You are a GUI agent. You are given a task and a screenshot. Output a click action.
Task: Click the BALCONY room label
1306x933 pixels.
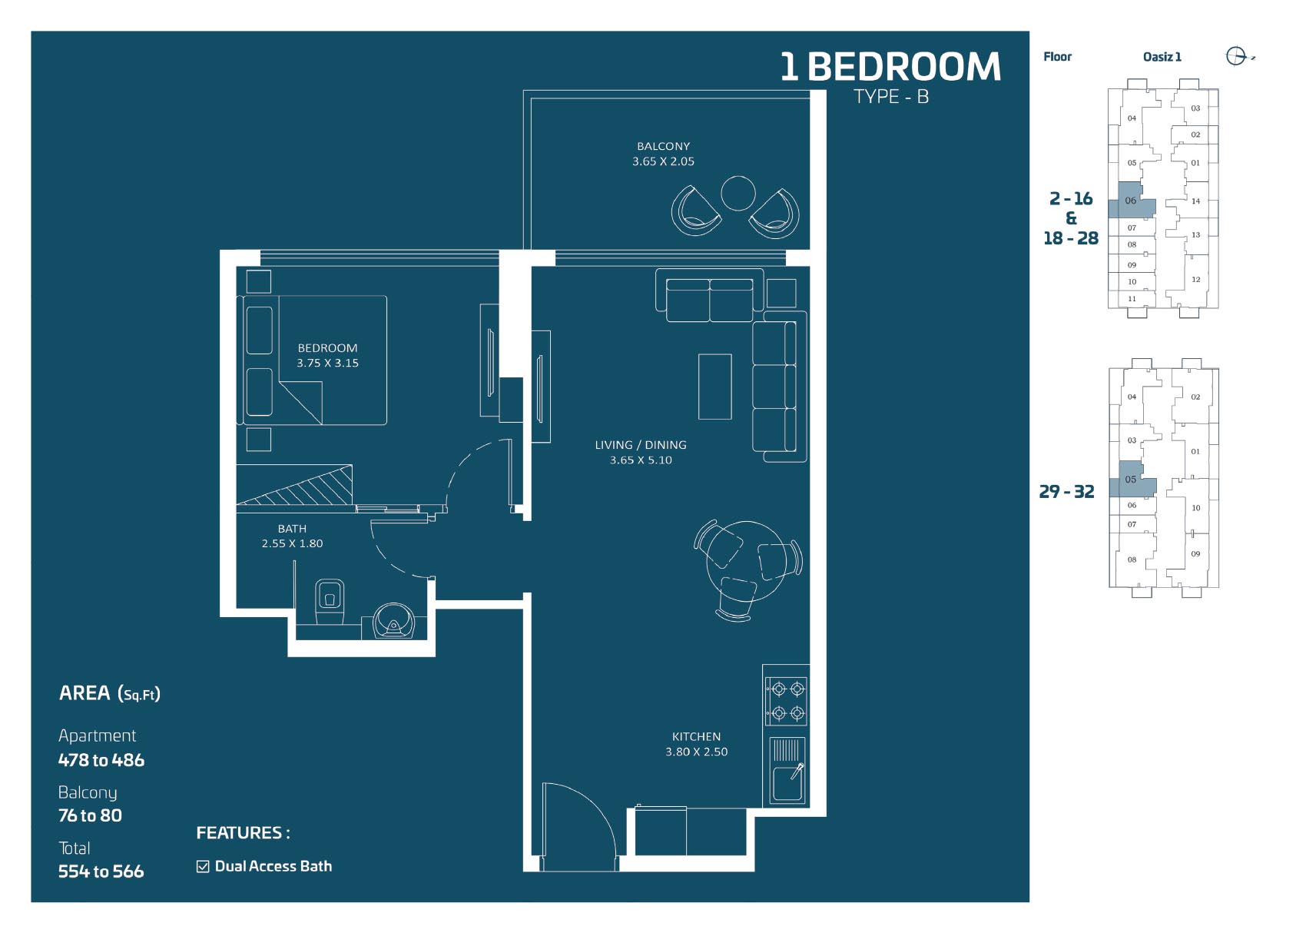coord(664,146)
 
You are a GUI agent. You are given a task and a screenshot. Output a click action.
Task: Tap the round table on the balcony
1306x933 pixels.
coord(738,193)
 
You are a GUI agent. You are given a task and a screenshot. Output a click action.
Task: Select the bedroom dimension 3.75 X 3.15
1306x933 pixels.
coord(328,363)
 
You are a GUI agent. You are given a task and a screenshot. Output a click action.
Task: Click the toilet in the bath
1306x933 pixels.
coord(330,601)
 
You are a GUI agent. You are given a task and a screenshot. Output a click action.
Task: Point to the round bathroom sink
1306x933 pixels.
coord(393,620)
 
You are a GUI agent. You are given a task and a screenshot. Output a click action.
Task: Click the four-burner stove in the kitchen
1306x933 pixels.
coord(786,701)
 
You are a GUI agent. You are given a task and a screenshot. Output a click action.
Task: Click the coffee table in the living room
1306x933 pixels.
coord(714,386)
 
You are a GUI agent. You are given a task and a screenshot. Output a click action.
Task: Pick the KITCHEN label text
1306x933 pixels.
coord(696,736)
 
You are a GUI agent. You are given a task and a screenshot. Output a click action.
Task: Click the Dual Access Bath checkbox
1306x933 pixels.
coord(203,867)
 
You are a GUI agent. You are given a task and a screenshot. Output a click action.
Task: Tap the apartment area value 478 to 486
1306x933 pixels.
coord(101,760)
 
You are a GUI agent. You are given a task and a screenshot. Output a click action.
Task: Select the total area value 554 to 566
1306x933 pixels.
coord(101,872)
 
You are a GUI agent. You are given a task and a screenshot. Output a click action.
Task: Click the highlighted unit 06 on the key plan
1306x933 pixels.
coord(1130,201)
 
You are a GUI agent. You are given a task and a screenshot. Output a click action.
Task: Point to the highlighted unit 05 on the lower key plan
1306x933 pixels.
coord(1131,480)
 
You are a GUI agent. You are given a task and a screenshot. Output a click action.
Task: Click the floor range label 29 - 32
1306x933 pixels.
coord(1066,492)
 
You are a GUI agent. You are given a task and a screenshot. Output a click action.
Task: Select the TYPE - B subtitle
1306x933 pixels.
coord(891,97)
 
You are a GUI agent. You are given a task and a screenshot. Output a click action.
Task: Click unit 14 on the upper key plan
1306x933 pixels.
coord(1195,201)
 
